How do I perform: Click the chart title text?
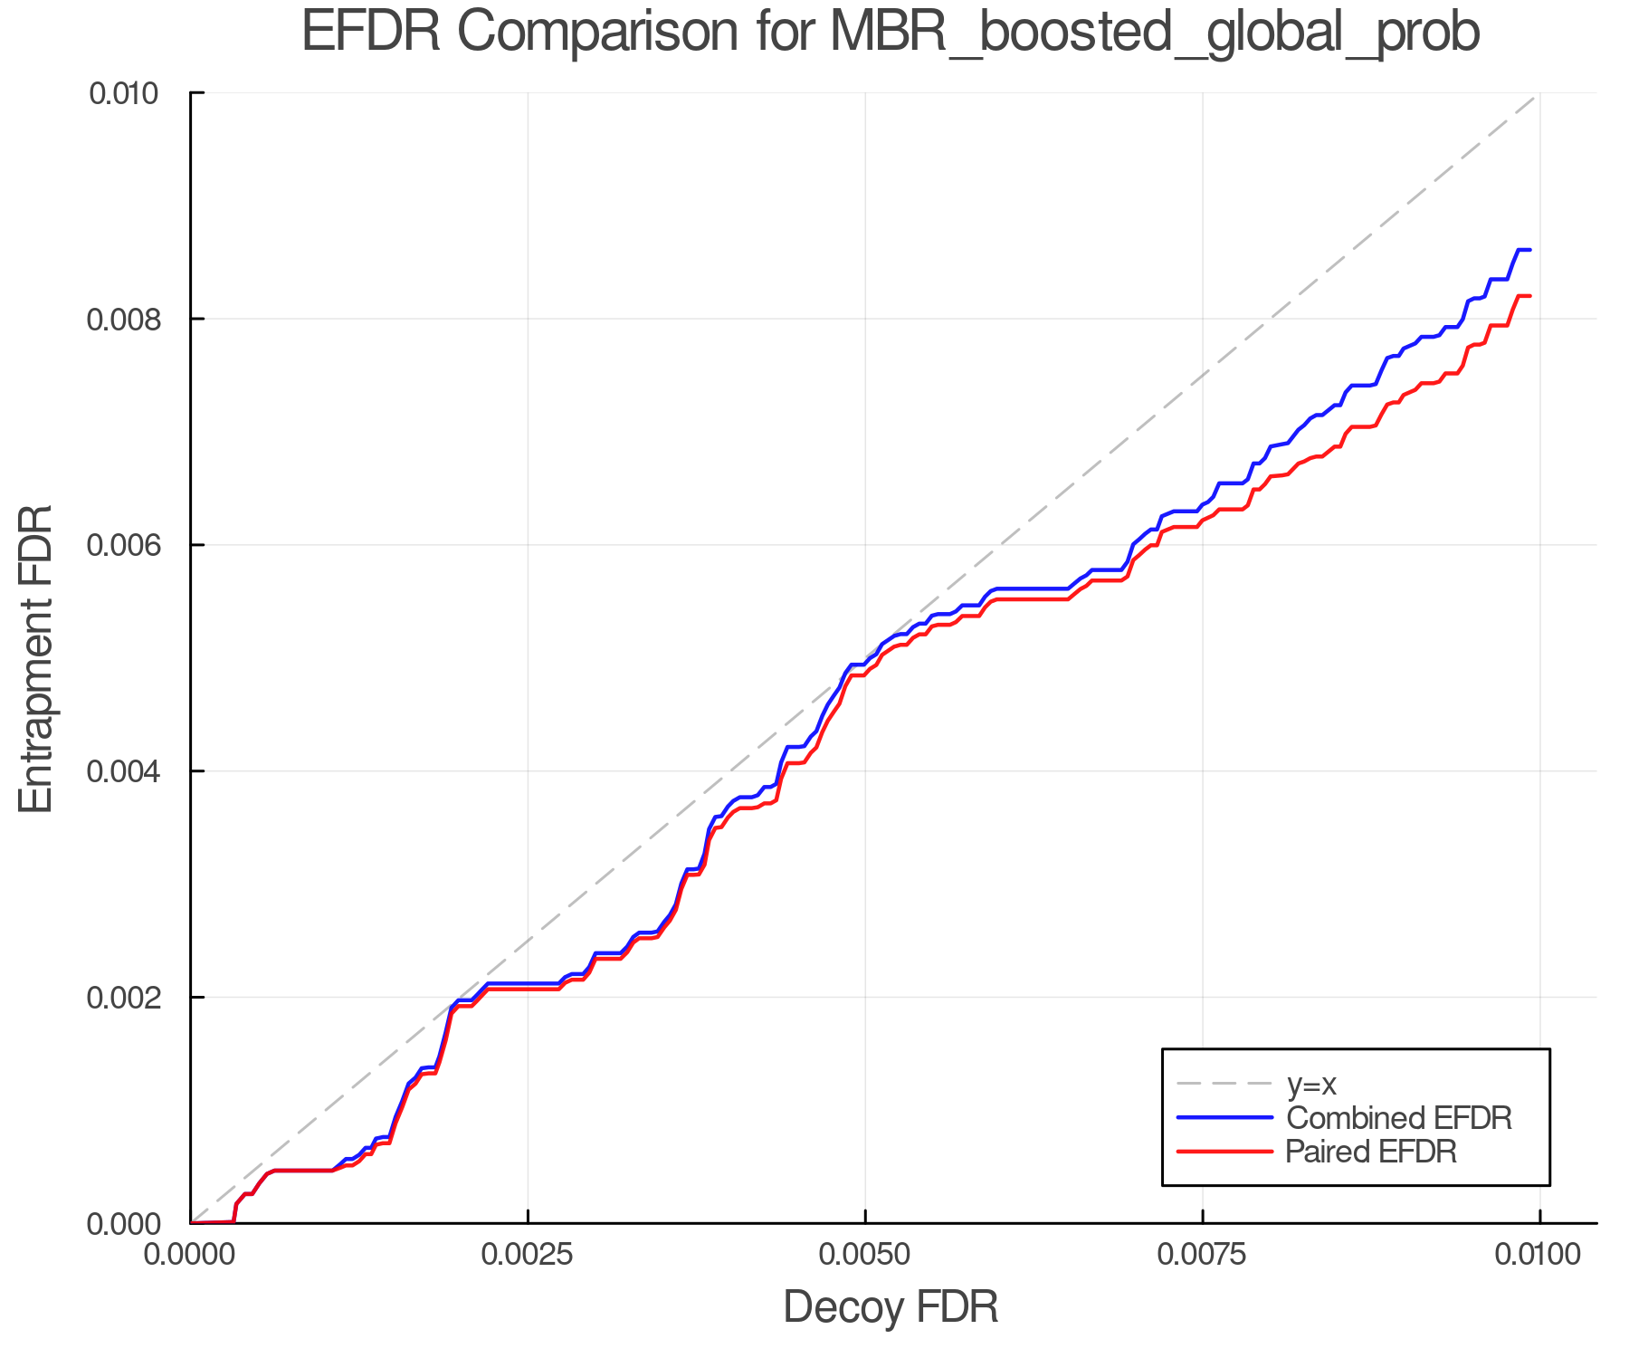891,33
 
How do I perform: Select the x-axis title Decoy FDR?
891,1307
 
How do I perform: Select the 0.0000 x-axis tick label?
190,1255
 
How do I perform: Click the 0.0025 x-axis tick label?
528,1255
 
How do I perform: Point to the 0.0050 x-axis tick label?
865,1255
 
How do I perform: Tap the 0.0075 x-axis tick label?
1203,1255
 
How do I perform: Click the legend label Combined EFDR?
1398,1118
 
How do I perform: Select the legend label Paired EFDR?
1371,1152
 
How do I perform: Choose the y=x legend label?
1311,1084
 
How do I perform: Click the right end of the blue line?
1529,250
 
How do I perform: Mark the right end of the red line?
1529,296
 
